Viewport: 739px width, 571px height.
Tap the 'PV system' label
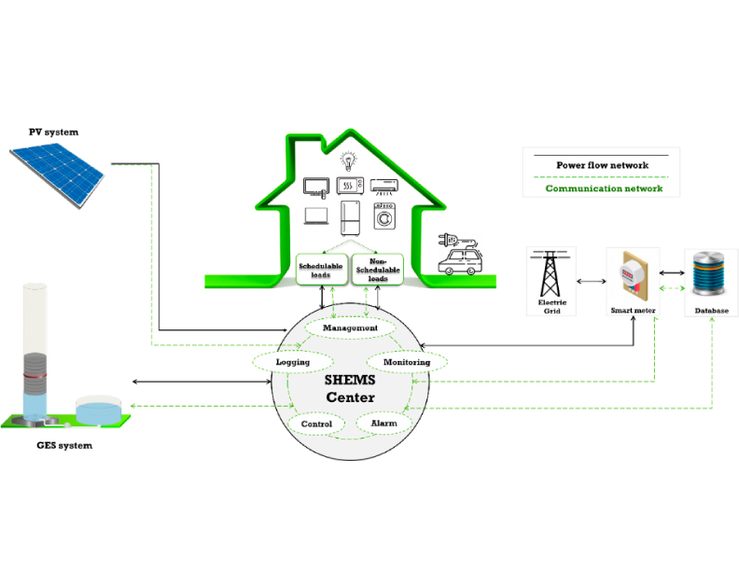[53, 132]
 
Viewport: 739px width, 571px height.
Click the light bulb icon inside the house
[348, 159]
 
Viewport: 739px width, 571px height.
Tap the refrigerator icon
[350, 218]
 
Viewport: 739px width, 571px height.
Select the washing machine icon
[383, 216]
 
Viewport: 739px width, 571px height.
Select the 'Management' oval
[349, 328]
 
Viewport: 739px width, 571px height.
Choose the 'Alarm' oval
[383, 423]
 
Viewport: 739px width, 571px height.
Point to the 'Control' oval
[316, 424]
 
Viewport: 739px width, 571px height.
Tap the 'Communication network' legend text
[604, 188]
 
